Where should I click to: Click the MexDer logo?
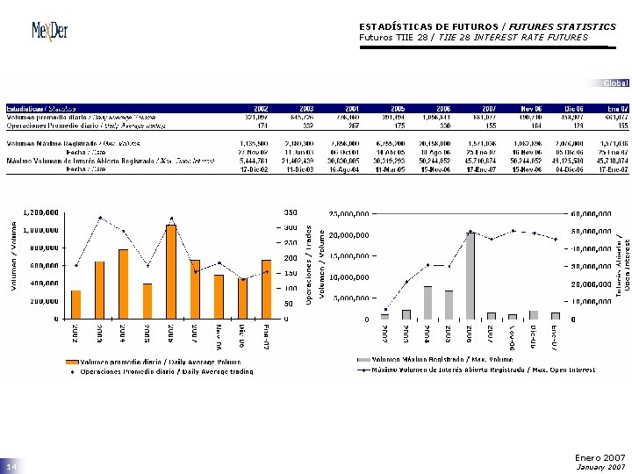50,32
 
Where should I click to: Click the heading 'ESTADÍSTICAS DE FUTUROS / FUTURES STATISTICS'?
487,27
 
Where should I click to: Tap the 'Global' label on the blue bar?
615,83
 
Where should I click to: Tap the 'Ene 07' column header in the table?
616,109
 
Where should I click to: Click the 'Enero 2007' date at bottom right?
600,457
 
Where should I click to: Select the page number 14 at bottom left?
11,467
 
